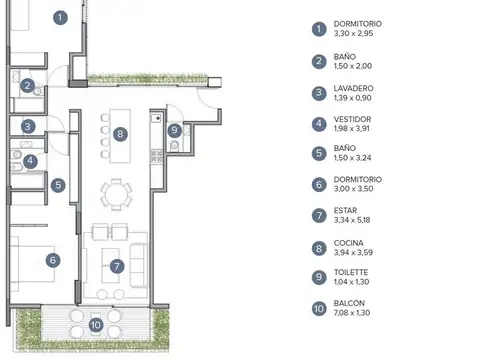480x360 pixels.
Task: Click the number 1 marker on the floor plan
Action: (61, 17)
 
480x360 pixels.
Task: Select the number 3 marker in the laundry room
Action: (28, 127)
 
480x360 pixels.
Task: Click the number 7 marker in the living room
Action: (117, 266)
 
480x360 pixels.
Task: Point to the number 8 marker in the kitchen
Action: (119, 133)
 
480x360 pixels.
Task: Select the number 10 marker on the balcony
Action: (96, 323)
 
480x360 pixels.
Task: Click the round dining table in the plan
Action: (119, 192)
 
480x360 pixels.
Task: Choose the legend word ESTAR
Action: (345, 211)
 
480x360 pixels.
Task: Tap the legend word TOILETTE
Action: (353, 272)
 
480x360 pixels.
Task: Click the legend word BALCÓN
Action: (350, 303)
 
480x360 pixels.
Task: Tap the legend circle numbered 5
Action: (319, 154)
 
